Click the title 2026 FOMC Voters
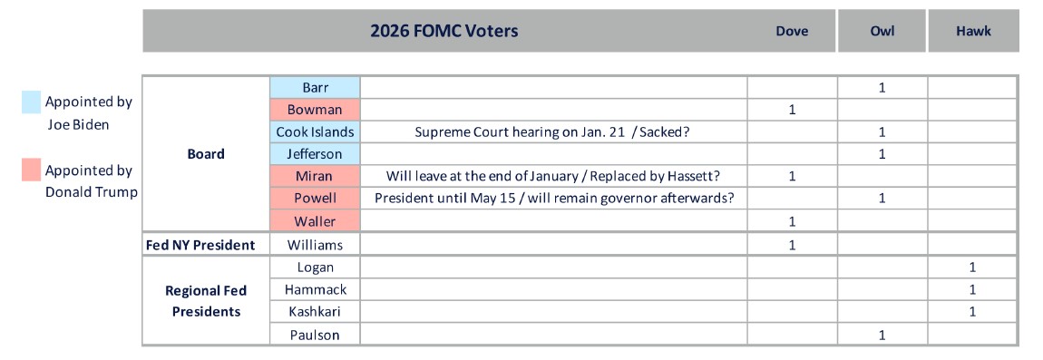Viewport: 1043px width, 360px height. pos(444,31)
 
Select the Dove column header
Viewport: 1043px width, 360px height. pos(792,31)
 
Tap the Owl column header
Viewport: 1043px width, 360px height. pos(882,31)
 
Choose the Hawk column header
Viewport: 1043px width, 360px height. pos(973,31)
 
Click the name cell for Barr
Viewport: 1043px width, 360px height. pos(316,88)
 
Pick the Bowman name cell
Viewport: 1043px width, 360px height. pos(316,110)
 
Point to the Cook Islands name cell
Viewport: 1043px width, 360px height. pos(316,131)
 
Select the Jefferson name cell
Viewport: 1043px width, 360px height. pos(316,154)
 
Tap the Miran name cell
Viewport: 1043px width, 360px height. pos(316,176)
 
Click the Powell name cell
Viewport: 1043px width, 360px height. pos(316,199)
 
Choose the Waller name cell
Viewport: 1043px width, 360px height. pos(316,221)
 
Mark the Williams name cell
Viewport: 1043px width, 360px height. pos(316,245)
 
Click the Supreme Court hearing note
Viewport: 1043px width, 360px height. pos(552,131)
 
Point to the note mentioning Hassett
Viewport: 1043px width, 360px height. pos(552,176)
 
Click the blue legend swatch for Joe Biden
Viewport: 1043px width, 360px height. pos(31,102)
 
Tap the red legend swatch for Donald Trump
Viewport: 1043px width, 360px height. pos(31,170)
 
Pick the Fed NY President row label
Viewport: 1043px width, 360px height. pos(200,245)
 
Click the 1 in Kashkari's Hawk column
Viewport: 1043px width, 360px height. pos(972,311)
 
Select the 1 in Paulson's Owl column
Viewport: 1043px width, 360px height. pos(882,335)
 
